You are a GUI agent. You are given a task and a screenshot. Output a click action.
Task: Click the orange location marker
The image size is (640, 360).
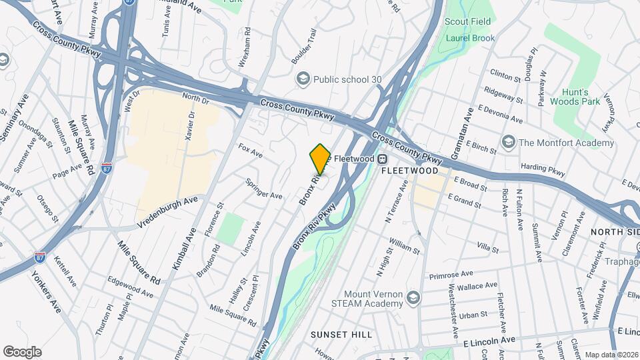[x=320, y=159]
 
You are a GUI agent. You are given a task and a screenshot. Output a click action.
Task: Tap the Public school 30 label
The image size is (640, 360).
[x=347, y=79]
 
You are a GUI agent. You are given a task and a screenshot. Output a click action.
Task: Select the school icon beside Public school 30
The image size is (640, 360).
[x=304, y=79]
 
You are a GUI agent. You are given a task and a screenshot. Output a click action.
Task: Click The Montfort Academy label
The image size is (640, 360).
[x=566, y=143]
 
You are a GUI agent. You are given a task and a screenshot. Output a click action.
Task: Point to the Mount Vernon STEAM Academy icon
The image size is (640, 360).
[x=413, y=297]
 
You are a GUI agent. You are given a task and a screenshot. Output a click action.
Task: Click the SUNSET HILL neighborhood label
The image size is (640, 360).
[x=341, y=334]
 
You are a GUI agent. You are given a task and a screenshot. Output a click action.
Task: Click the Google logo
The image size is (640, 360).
[x=22, y=352]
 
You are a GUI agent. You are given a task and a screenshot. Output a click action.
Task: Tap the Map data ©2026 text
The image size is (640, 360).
[x=611, y=355]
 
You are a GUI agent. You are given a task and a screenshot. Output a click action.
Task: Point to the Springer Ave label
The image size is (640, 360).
[x=264, y=189]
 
